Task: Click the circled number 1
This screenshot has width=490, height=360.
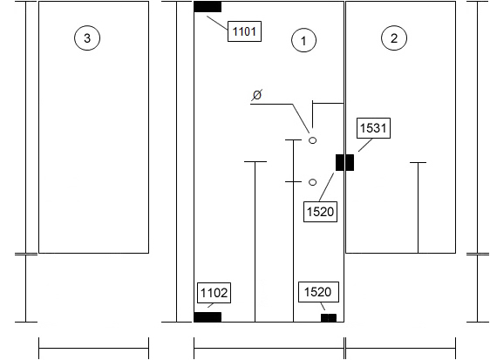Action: [x=303, y=40]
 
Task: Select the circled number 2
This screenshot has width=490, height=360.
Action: [x=394, y=38]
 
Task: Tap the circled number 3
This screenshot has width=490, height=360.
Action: [x=87, y=38]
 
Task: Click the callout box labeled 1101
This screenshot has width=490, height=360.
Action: [x=244, y=31]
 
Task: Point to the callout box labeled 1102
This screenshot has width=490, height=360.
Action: [x=214, y=293]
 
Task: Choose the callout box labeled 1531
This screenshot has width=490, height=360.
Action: [x=373, y=128]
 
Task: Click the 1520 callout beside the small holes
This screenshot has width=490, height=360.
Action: [x=320, y=212]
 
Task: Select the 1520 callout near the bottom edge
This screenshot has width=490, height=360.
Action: [x=318, y=292]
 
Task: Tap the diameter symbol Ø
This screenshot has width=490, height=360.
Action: [x=257, y=95]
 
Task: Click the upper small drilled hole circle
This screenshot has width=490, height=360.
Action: [x=312, y=140]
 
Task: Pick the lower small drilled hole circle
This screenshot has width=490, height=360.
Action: [x=312, y=182]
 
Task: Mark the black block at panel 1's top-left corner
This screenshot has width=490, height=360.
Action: [x=208, y=7]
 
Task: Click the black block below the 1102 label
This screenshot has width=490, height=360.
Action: [x=208, y=317]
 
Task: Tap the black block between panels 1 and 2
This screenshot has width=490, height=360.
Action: [x=344, y=162]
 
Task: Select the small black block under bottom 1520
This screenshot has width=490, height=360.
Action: [x=329, y=318]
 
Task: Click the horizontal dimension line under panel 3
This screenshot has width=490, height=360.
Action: [x=94, y=348]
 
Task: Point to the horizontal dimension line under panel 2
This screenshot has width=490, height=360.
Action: [x=400, y=348]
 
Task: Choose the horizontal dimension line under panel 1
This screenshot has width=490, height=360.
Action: [x=269, y=348]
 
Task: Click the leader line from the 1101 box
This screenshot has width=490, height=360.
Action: [x=217, y=23]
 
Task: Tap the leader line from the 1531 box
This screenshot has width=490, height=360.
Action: [x=365, y=145]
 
